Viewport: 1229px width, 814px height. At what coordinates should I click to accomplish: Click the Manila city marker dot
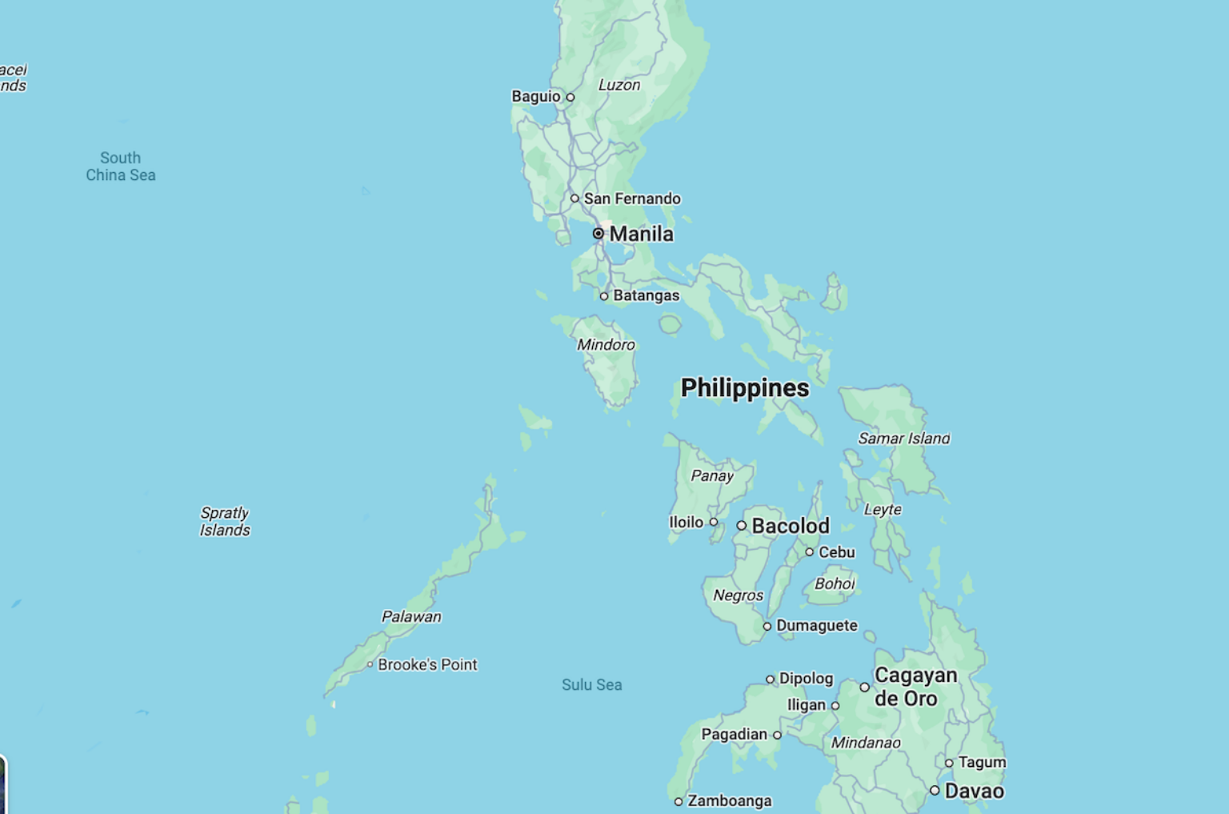click(x=598, y=234)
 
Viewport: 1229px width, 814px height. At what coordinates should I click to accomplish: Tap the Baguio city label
click(x=536, y=96)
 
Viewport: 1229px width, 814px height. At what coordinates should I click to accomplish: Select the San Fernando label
click(x=632, y=198)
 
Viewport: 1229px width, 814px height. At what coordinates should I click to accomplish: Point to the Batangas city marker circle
click(x=604, y=296)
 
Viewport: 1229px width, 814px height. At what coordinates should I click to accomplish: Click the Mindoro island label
click(x=606, y=345)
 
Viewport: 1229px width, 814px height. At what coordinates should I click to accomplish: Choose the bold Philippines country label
click(x=745, y=387)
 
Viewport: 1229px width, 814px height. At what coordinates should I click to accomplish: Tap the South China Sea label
click(x=121, y=166)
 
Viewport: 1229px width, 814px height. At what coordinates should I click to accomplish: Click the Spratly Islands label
click(x=225, y=521)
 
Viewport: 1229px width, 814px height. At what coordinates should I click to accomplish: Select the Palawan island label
click(x=411, y=616)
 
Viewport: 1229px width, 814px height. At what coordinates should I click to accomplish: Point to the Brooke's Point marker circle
click(x=370, y=664)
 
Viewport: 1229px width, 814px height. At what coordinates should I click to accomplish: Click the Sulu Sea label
click(x=591, y=684)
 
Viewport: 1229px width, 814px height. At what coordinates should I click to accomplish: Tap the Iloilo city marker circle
click(x=714, y=522)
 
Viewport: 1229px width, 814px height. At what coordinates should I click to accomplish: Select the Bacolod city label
click(x=791, y=526)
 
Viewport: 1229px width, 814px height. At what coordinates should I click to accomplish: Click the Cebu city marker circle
click(x=810, y=552)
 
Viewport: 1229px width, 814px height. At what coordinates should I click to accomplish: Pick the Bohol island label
click(x=835, y=583)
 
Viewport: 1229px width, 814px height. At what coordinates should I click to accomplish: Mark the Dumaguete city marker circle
click(x=767, y=626)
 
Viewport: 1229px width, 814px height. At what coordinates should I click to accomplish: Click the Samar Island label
click(x=904, y=438)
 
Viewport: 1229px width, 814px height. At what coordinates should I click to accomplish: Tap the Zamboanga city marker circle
click(x=679, y=801)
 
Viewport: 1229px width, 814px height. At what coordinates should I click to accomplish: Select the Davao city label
click(x=974, y=791)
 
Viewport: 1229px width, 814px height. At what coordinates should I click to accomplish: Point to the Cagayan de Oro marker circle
click(x=864, y=688)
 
